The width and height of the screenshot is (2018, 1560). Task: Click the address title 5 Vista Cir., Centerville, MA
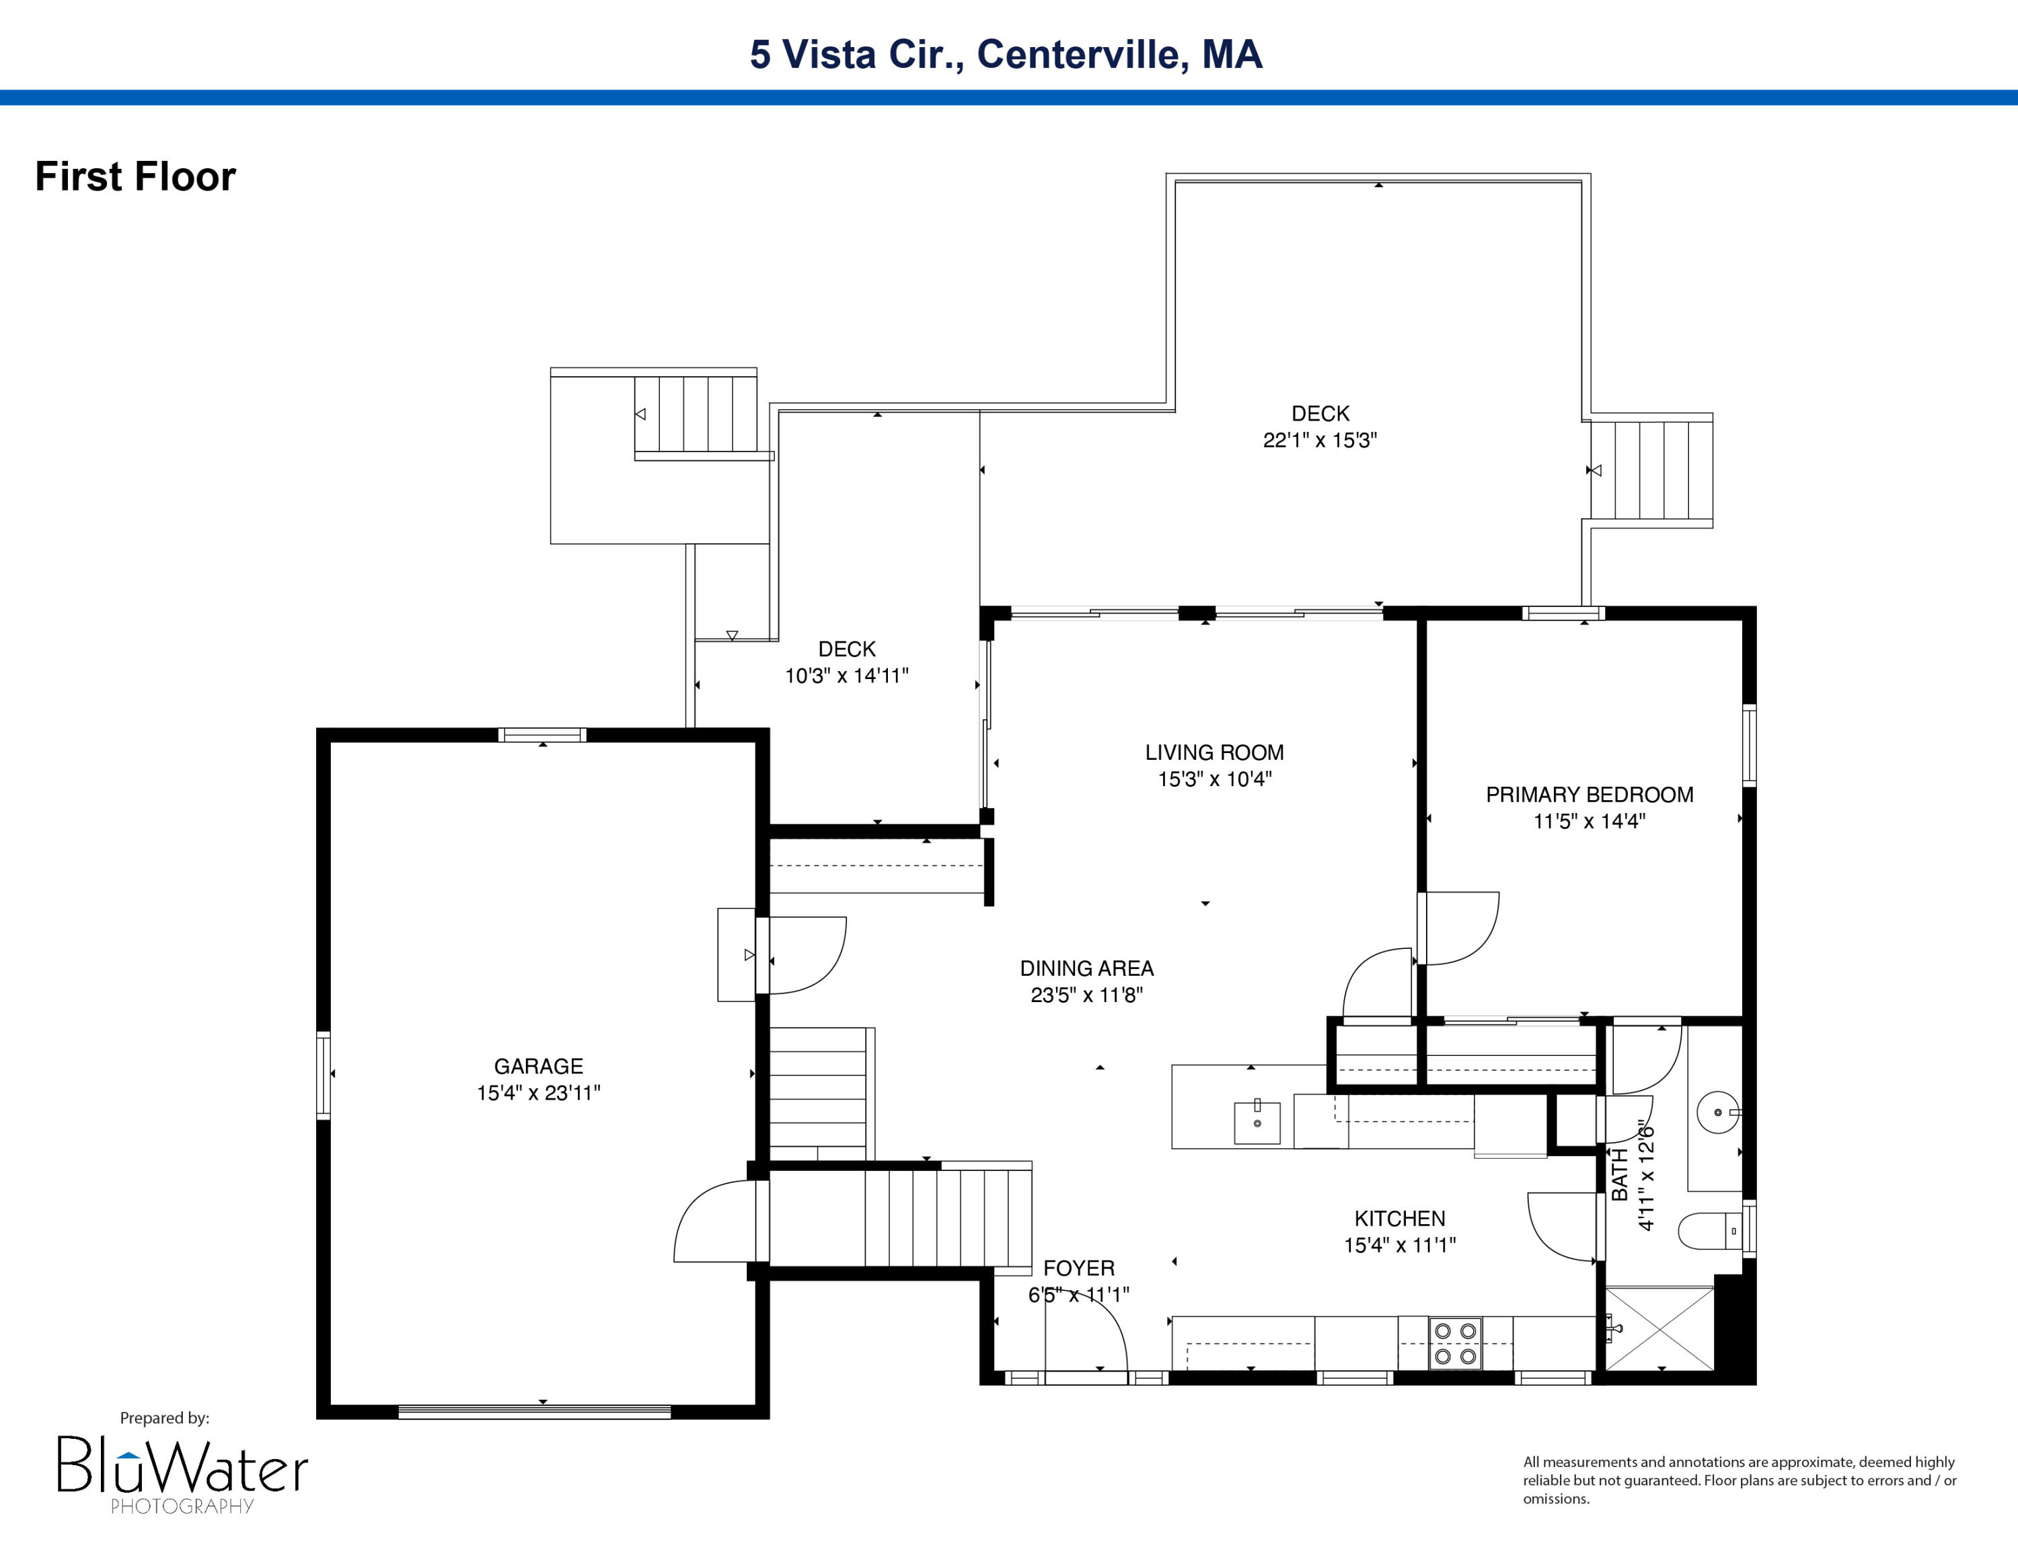tap(1006, 55)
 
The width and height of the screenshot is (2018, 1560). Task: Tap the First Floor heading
tap(136, 176)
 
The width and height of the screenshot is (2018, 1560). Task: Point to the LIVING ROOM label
tap(1214, 752)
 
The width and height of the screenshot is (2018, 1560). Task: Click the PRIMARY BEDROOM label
tap(1590, 795)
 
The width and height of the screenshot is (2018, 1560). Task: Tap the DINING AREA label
tap(1086, 968)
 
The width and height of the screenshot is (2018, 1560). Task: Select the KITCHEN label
tap(1399, 1218)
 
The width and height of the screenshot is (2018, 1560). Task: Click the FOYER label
tap(1078, 1268)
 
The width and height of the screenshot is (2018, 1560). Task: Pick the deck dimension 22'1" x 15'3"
tap(1320, 441)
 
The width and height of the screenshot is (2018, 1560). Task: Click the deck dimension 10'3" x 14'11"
tap(846, 676)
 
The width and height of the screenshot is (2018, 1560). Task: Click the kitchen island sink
tap(1257, 1122)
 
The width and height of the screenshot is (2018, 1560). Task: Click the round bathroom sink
tap(1718, 1112)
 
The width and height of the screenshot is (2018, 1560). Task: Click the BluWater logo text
tap(182, 1468)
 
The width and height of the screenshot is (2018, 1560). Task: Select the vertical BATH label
tap(1620, 1174)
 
